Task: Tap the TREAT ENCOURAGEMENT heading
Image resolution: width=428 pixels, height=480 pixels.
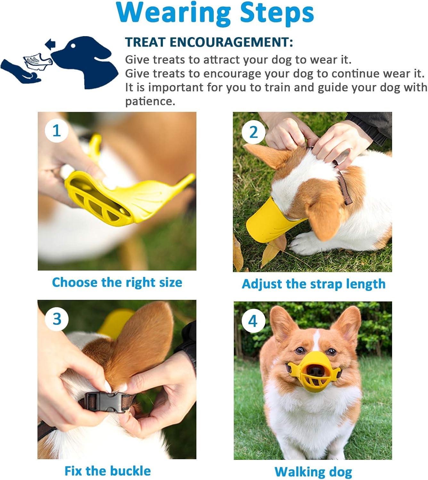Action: [x=209, y=42]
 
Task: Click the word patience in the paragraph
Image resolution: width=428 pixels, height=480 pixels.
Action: [x=150, y=101]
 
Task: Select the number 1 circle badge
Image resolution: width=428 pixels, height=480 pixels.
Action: [x=57, y=131]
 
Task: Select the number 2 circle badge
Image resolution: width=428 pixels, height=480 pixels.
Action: [x=253, y=132]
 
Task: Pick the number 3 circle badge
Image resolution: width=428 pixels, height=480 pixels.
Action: [x=57, y=319]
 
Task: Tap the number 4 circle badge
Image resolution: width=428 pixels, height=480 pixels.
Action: [x=253, y=321]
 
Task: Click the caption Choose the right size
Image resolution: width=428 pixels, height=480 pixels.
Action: [x=117, y=283]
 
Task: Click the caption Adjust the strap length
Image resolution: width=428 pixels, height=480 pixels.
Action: [x=313, y=284]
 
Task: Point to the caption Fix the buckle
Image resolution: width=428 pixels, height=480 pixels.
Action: [x=108, y=471]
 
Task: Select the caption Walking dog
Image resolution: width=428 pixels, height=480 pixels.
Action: [x=313, y=472]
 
